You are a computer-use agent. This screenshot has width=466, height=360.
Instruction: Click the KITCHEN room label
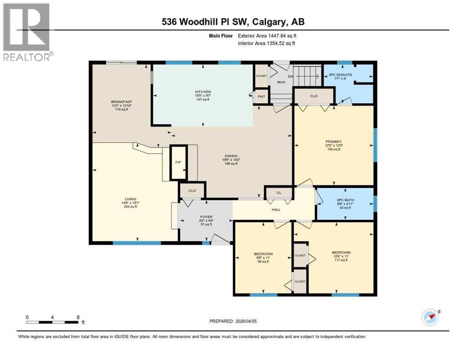[203, 92]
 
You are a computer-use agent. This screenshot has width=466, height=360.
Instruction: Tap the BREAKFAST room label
[120, 102]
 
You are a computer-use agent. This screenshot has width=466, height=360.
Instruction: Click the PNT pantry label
[261, 97]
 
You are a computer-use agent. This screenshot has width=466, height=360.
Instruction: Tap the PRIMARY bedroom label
[334, 142]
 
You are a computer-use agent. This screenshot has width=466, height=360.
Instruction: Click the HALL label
[276, 210]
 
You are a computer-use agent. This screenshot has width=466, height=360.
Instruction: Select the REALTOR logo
[27, 31]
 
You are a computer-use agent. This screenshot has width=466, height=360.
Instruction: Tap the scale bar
[53, 322]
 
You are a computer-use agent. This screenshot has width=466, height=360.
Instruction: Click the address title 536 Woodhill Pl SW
[233, 22]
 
